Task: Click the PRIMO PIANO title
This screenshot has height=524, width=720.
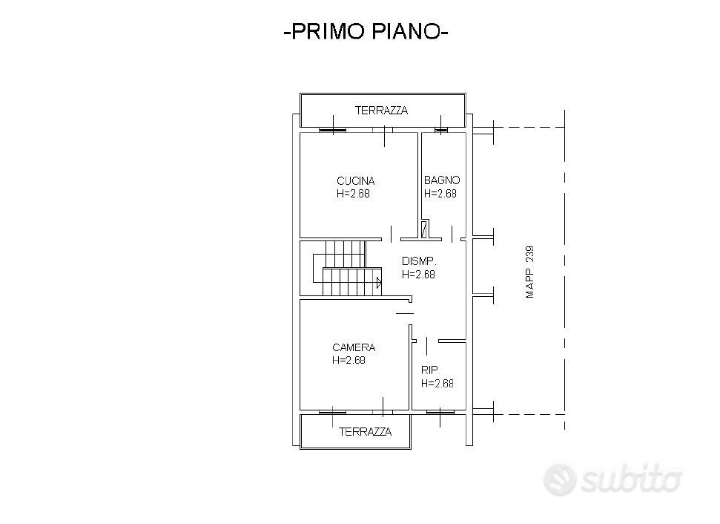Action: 366,32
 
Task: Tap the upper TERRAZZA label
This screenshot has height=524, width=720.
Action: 381,111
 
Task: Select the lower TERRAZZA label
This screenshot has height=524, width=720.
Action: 365,432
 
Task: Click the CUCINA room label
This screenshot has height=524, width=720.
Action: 355,180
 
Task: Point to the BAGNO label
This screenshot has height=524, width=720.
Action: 442,180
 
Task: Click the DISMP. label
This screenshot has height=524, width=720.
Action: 419,261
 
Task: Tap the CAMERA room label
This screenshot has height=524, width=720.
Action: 354,347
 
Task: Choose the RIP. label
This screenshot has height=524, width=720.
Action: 430,370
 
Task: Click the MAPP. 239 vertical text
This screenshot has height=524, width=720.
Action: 530,272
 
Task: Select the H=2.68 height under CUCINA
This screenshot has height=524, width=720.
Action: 353,194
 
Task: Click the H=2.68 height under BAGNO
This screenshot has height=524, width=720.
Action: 440,194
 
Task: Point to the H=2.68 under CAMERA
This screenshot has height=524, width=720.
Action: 349,361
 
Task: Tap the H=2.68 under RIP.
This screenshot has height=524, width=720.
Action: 437,383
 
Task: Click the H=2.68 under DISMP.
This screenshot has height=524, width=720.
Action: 418,275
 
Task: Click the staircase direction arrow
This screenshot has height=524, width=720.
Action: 379,283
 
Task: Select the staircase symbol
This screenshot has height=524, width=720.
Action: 348,267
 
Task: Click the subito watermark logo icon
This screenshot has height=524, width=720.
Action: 559,479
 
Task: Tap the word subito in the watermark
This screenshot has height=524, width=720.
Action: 631,480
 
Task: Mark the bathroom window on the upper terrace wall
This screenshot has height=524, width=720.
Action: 440,130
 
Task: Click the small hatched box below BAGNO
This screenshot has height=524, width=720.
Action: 424,229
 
